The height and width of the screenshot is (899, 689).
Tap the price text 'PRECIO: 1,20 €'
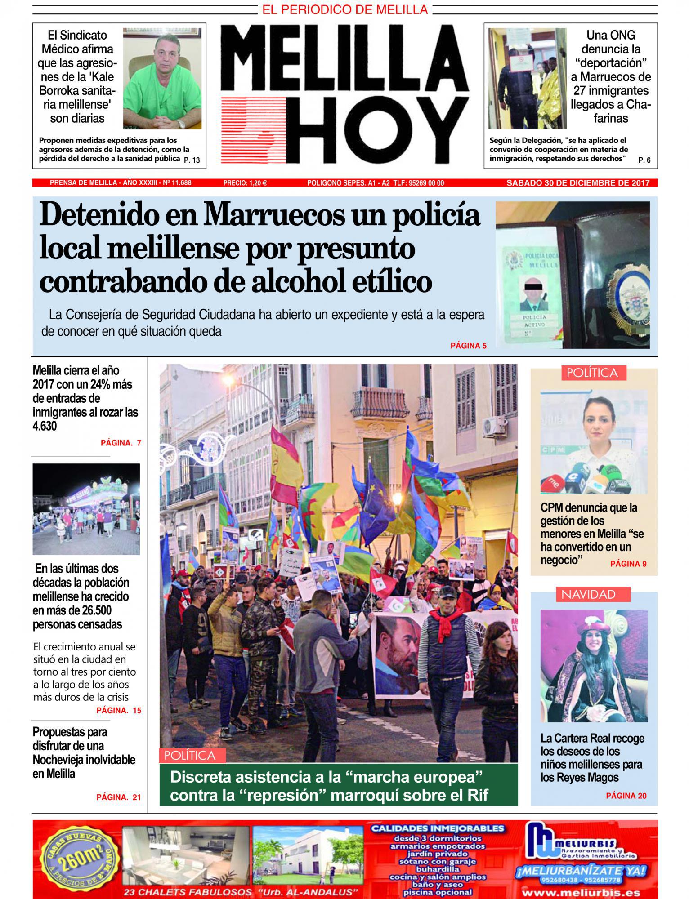coord(245,183)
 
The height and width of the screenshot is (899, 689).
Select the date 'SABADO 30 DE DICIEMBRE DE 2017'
coord(578,183)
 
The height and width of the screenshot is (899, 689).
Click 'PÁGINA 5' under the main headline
coord(468,346)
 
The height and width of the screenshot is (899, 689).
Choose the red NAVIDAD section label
coord(588,594)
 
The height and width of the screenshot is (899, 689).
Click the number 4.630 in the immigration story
coord(45,426)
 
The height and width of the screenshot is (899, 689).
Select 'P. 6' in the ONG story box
coord(644,160)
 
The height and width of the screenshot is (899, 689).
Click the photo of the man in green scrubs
coord(162,79)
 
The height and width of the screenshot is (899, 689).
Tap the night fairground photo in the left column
coord(86,509)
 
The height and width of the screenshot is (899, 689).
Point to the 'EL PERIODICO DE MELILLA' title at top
coord(345,9)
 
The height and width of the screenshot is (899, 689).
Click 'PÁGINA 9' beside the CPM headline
coord(628,564)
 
